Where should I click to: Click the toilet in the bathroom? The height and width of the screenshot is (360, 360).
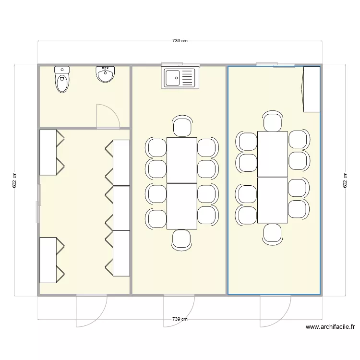click(x=62, y=80)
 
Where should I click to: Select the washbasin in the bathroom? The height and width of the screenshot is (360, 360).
click(x=105, y=74)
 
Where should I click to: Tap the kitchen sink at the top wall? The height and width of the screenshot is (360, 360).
click(x=180, y=78)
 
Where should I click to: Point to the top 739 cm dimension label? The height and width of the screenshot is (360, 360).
click(x=180, y=41)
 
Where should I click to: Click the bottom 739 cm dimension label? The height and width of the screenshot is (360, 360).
click(x=180, y=319)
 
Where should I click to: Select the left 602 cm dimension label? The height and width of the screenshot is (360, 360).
click(x=14, y=180)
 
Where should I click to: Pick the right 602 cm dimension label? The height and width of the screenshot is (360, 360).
click(x=345, y=180)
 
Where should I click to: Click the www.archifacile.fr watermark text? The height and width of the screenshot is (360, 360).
click(x=330, y=327)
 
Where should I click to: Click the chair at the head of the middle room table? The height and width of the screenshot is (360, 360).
click(x=182, y=127)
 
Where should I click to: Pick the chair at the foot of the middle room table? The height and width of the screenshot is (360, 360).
click(x=182, y=240)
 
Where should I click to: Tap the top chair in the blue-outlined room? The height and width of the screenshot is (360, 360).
click(x=272, y=121)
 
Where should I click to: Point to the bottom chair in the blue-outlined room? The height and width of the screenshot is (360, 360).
click(x=272, y=234)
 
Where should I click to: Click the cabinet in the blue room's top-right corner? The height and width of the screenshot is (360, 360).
click(x=311, y=89)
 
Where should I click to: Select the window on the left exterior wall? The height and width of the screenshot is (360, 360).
click(x=37, y=204)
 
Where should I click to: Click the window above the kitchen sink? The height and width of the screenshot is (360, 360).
click(x=180, y=64)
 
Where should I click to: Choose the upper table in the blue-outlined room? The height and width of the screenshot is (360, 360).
click(x=272, y=154)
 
